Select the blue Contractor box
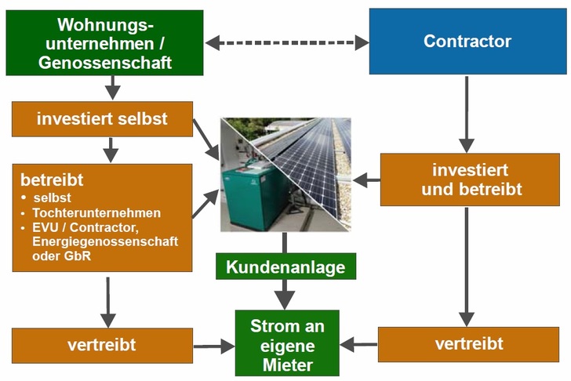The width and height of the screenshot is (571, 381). (467, 41)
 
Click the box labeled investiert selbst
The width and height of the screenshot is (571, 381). (101, 120)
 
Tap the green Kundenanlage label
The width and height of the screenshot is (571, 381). (285, 267)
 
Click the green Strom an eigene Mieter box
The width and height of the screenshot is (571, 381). (287, 344)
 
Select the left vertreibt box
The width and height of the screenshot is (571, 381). (101, 345)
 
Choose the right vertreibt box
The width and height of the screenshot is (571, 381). (468, 344)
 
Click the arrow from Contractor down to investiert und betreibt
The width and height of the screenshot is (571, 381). (467, 114)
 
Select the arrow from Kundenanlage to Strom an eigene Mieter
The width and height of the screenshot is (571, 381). (285, 294)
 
